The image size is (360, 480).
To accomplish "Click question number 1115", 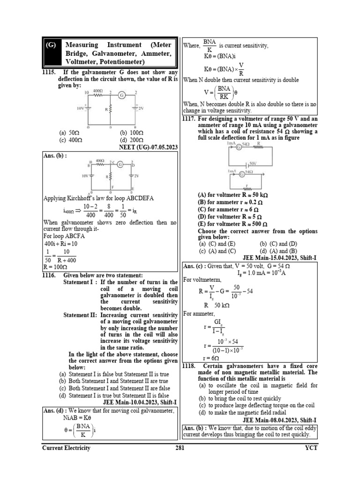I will pyautogui.click(x=49, y=73).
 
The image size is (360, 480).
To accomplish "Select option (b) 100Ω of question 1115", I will pyautogui.click(x=131, y=133).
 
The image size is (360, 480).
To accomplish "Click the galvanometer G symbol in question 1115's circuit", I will pyautogui.click(x=121, y=95).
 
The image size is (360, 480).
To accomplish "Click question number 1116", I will pyautogui.click(x=49, y=275).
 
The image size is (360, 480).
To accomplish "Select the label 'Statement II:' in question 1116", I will pyautogui.click(x=80, y=315).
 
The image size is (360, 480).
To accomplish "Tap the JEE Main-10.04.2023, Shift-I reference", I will pyautogui.click(x=140, y=402).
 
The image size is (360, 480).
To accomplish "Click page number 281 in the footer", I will pyautogui.click(x=180, y=448).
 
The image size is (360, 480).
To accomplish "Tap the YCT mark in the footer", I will pyautogui.click(x=310, y=448).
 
